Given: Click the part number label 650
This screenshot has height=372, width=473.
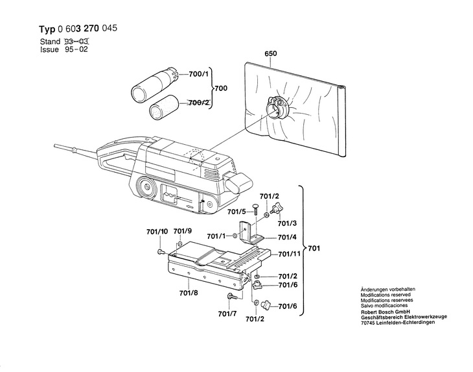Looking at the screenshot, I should point(271,54).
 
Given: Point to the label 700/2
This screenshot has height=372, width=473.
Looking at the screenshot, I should point(198,103).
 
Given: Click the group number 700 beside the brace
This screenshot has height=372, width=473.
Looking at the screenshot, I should point(220,88).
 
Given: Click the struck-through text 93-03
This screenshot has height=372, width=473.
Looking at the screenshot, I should point(76,42).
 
